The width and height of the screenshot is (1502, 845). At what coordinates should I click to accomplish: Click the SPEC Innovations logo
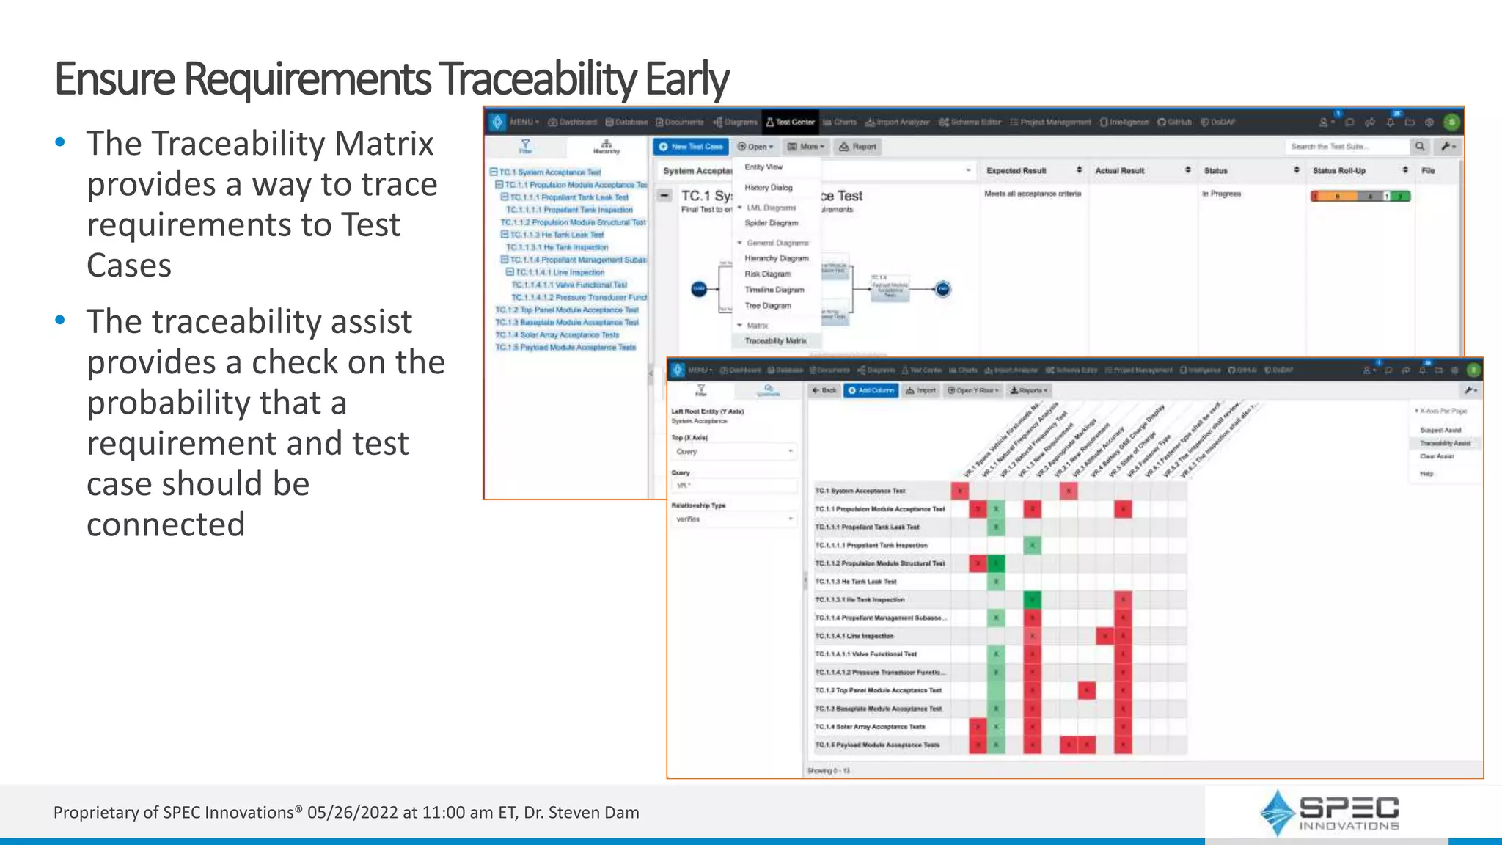pos(1329,813)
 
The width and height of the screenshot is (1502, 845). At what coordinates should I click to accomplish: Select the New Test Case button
pos(691,147)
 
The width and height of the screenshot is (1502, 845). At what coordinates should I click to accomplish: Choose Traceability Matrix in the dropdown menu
pos(775,341)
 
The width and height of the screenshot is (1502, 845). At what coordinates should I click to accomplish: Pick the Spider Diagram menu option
pos(771,223)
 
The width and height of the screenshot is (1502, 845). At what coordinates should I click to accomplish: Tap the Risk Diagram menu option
pos(767,274)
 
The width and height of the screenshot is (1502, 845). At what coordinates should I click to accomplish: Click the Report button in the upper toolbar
pos(858,147)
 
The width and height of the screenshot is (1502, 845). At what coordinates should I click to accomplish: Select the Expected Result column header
pos(1016,171)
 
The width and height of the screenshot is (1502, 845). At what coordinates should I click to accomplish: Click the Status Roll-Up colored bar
pos(1360,196)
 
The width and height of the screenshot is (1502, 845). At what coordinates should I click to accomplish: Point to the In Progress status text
pos(1221,194)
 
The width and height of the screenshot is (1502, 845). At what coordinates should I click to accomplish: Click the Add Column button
pos(871,391)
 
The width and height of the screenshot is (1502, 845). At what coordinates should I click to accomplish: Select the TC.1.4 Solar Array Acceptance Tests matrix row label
pos(870,727)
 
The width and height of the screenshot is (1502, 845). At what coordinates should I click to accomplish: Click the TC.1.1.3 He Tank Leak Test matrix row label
pos(856,582)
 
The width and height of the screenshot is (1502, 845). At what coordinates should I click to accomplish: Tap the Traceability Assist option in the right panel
pos(1445,443)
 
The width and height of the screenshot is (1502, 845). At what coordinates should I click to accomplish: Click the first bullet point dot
pos(60,142)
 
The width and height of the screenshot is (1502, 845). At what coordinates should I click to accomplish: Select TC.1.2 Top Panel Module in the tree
pos(566,310)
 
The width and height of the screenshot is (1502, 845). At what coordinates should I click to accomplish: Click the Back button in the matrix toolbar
pos(824,391)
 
